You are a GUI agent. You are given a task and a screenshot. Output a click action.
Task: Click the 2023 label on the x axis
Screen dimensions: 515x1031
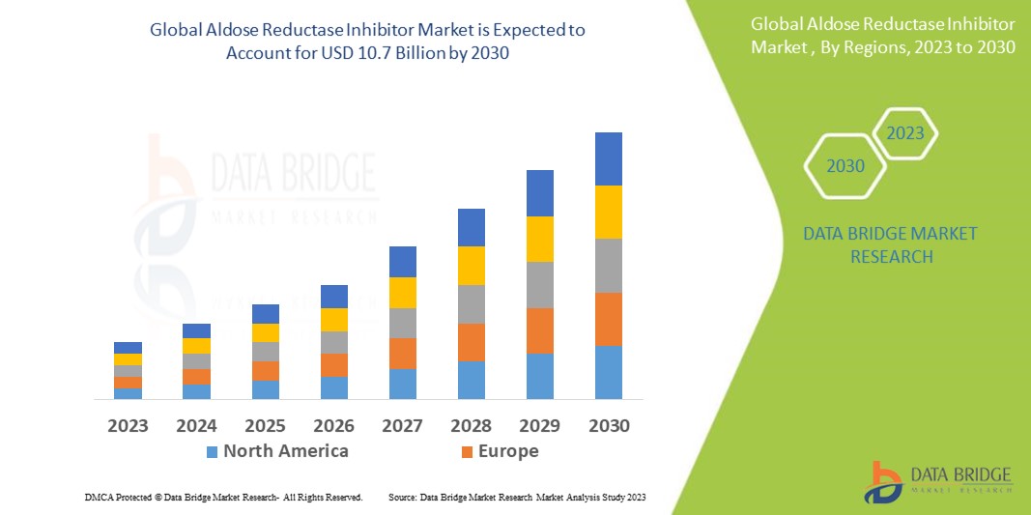[x=128, y=426]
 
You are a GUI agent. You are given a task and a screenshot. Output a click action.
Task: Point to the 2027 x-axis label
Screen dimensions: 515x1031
[x=403, y=426]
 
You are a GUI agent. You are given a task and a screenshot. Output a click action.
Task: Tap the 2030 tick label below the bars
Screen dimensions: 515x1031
[x=609, y=426]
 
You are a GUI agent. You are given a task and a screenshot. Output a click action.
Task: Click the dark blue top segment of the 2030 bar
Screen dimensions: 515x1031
[x=609, y=158]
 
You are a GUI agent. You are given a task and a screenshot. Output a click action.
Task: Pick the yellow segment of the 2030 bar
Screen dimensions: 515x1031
[x=609, y=212]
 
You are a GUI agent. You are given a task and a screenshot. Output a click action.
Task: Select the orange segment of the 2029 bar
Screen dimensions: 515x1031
[x=540, y=330]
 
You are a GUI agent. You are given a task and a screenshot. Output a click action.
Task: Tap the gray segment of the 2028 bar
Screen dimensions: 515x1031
[x=472, y=303]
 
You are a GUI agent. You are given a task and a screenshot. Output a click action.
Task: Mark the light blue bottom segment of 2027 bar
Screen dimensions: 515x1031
[x=403, y=384]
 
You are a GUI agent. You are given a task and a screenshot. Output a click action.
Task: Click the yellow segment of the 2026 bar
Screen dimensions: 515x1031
[x=334, y=320]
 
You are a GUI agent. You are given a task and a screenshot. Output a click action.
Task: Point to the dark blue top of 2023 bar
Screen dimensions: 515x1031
[x=128, y=348]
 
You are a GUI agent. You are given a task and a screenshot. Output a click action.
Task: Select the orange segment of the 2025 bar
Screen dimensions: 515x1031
[x=266, y=371]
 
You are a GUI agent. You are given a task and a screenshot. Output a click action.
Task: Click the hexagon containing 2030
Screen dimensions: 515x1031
[x=845, y=166]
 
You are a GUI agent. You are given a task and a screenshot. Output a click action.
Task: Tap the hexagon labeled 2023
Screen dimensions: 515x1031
[x=905, y=133]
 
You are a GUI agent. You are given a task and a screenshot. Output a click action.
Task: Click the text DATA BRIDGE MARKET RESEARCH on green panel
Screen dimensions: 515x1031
[x=890, y=245]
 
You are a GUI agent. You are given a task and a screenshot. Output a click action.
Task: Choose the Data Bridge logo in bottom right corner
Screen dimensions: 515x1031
[x=937, y=480]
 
